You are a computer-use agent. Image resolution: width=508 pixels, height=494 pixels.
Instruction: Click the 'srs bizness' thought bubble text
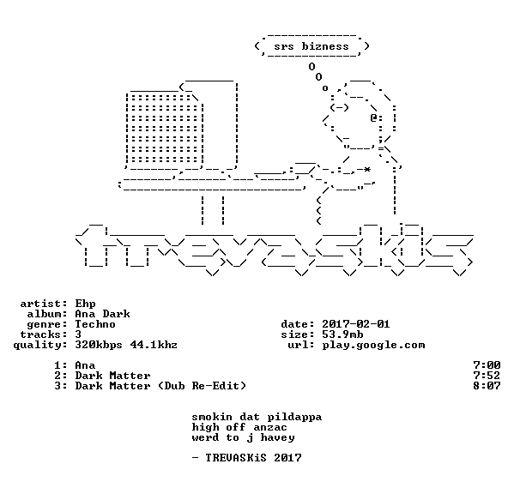tap(311, 46)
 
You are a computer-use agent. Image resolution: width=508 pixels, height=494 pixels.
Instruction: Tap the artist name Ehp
tap(85, 304)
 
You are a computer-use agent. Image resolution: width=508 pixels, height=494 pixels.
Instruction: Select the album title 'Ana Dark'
tap(102, 314)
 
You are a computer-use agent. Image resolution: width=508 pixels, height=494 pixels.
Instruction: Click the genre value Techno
tap(95, 324)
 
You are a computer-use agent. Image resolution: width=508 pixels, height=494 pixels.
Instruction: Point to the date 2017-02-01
tap(356, 324)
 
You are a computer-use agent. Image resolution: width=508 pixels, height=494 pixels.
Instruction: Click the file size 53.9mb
tap(342, 334)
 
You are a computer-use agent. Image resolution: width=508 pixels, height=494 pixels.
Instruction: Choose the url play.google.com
tap(373, 345)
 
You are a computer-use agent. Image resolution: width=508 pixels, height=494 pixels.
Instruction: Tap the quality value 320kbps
tap(99, 345)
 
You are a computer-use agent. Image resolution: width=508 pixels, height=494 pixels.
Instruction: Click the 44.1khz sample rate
tap(154, 345)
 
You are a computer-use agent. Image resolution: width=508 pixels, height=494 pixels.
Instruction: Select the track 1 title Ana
tap(85, 365)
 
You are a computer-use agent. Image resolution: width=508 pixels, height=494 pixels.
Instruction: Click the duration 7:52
tap(487, 376)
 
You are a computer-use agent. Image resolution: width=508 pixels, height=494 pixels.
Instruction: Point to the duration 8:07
tap(487, 386)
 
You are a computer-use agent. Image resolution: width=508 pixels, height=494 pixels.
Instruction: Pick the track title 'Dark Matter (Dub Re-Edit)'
tap(160, 386)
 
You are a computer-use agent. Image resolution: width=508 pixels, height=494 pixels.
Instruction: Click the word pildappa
tap(294, 418)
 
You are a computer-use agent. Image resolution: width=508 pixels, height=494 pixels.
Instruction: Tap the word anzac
tap(270, 428)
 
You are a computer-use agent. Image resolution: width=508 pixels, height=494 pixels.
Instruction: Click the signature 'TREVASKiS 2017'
tap(253, 458)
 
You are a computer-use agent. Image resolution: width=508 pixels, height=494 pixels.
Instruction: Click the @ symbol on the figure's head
tap(374, 117)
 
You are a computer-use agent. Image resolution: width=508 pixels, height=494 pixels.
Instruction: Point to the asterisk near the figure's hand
tap(367, 170)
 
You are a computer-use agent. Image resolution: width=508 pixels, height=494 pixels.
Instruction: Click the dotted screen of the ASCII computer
tap(165, 128)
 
